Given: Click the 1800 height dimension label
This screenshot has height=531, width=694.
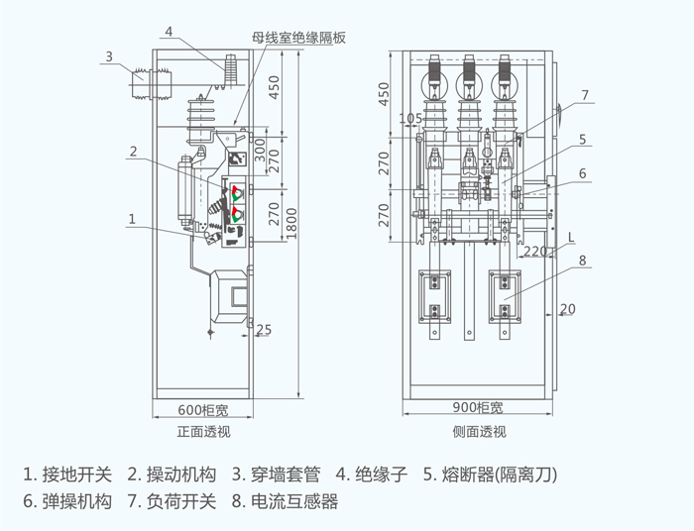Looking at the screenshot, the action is tap(291, 224).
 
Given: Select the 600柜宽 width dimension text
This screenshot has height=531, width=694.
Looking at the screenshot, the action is tap(203, 410).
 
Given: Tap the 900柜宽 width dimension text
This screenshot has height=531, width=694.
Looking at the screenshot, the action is tap(478, 407).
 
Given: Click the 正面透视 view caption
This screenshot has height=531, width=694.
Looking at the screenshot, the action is tap(203, 432).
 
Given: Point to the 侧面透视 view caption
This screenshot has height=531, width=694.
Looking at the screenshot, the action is tap(479, 432).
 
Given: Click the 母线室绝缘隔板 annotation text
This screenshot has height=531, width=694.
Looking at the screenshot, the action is tap(298, 38).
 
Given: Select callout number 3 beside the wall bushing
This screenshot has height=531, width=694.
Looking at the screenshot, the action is tap(109, 56).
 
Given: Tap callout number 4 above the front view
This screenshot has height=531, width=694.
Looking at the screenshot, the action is tap(169, 32).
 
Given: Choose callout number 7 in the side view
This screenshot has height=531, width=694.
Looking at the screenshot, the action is tap(585, 95).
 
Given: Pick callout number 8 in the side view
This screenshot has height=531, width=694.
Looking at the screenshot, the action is tap(583, 261).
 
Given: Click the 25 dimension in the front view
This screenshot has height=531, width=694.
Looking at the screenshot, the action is tap(264, 329).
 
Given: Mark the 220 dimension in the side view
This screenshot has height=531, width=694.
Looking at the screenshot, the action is tap(535, 251).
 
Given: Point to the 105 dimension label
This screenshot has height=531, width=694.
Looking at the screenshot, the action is tap(410, 119).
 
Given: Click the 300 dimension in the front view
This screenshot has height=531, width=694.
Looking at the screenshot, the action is tap(260, 151).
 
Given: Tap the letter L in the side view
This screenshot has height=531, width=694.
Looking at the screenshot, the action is tap(571, 238).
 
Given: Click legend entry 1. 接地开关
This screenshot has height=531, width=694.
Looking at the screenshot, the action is tap(67, 475).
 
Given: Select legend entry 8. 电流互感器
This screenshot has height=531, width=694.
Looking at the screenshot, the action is tap(286, 501).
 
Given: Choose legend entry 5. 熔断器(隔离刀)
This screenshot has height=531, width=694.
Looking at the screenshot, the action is tap(491, 475).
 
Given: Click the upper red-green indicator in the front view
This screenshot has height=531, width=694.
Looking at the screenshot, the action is tap(237, 193).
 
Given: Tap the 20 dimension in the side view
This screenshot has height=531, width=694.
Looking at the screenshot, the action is tap(568, 309).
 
